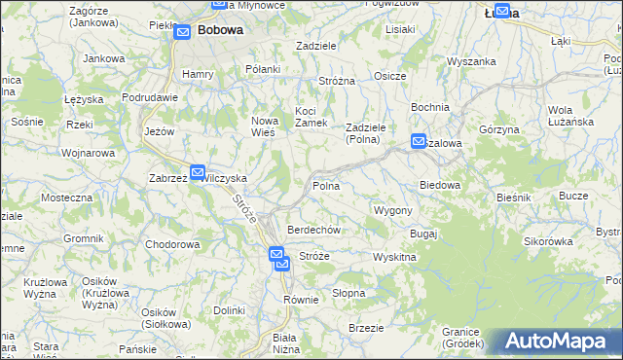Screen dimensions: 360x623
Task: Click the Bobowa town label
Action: point(220,30)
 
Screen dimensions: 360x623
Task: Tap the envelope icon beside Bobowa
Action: point(183,32)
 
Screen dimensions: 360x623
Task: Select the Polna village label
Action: point(325,185)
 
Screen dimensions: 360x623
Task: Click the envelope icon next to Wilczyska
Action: point(198,173)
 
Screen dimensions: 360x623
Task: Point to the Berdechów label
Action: point(312,230)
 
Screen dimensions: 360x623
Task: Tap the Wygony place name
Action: point(393,210)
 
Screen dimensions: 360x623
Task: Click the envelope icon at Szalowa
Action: point(419,141)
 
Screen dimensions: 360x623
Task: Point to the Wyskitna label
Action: point(394,257)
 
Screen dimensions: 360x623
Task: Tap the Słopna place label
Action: point(348,292)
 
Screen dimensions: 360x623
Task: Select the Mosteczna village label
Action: point(66,198)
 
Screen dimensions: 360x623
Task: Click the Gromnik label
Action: point(83,238)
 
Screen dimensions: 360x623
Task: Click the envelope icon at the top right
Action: point(502,12)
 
